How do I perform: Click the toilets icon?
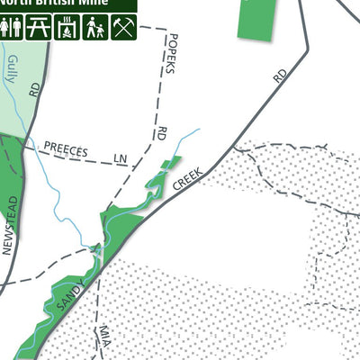pos(12,28)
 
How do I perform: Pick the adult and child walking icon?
pos(94,28)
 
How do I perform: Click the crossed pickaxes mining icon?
pos(122,28)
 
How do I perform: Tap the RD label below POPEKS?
pos(162,133)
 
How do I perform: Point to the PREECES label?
pos(66,150)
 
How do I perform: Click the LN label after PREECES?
pos(121,158)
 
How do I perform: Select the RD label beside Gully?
pos(35,89)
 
